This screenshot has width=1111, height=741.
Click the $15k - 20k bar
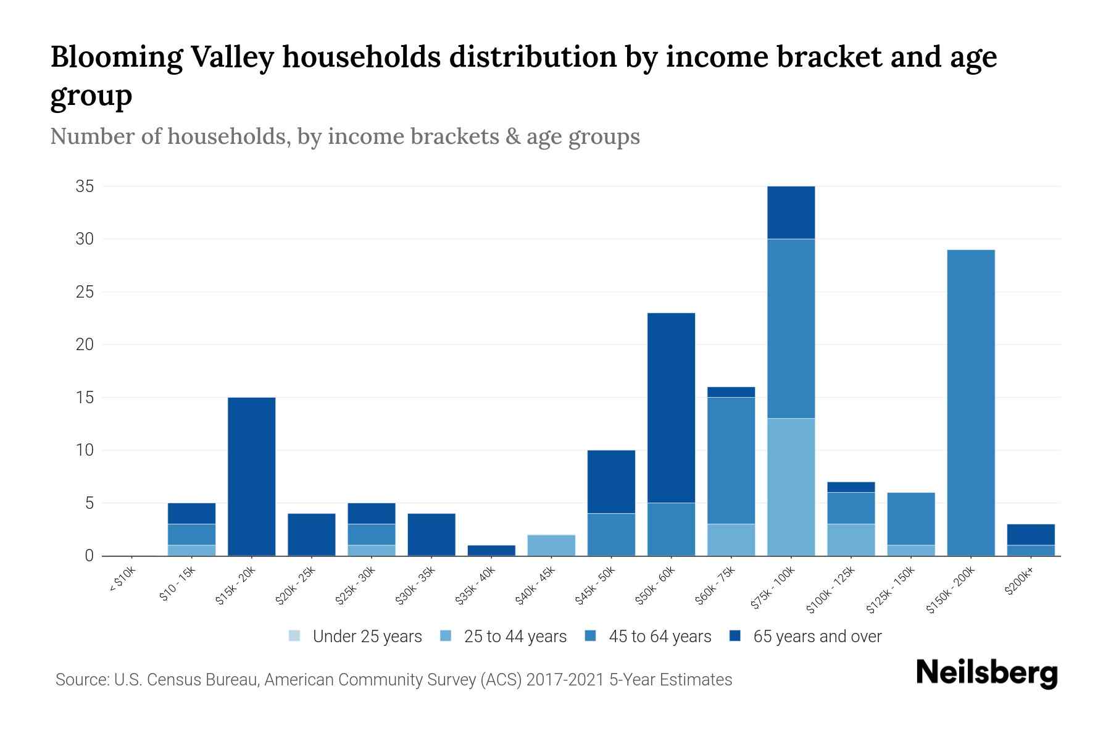pyautogui.click(x=251, y=476)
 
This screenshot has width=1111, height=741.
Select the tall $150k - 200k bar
pyautogui.click(x=971, y=403)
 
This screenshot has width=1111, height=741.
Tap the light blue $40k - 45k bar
pyautogui.click(x=551, y=545)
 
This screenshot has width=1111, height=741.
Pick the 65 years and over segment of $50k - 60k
pyautogui.click(x=671, y=408)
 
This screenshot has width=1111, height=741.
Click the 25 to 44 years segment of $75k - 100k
pyautogui.click(x=791, y=487)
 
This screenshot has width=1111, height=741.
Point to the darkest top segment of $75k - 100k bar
pyautogui.click(x=791, y=212)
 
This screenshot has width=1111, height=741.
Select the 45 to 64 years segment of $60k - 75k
pyautogui.click(x=731, y=460)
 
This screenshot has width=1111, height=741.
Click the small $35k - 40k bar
pyautogui.click(x=491, y=550)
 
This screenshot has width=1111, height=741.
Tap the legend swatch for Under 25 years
pyautogui.click(x=295, y=636)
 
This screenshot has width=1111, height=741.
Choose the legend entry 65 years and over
pyautogui.click(x=817, y=637)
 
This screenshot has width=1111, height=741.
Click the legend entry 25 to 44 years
pyautogui.click(x=515, y=637)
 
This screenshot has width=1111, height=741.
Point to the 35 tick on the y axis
pyautogui.click(x=85, y=186)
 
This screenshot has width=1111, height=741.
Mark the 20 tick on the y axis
pyautogui.click(x=85, y=345)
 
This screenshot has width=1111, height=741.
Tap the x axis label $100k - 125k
pyautogui.click(x=831, y=590)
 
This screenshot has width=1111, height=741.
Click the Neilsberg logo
pyautogui.click(x=986, y=673)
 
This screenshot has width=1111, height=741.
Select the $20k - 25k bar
pyautogui.click(x=312, y=535)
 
